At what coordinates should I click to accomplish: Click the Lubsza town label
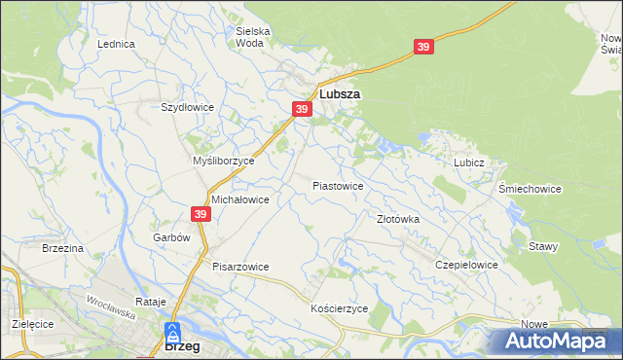coord(340,94)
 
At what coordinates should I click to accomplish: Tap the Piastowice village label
coord(338,185)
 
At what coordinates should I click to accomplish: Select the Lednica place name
coord(116,45)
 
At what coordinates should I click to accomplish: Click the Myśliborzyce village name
coord(224,161)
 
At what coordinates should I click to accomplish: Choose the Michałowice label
coord(239,198)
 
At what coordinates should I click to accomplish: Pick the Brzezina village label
coord(62,249)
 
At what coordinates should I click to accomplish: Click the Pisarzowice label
coord(240,267)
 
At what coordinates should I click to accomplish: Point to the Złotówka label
coord(398,220)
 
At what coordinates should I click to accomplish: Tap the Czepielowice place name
coord(467,265)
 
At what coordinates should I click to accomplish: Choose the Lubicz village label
coord(468,162)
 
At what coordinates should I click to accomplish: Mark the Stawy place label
coord(543,246)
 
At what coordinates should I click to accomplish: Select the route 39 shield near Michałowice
coord(201,214)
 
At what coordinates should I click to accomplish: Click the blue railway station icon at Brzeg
coord(172,332)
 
